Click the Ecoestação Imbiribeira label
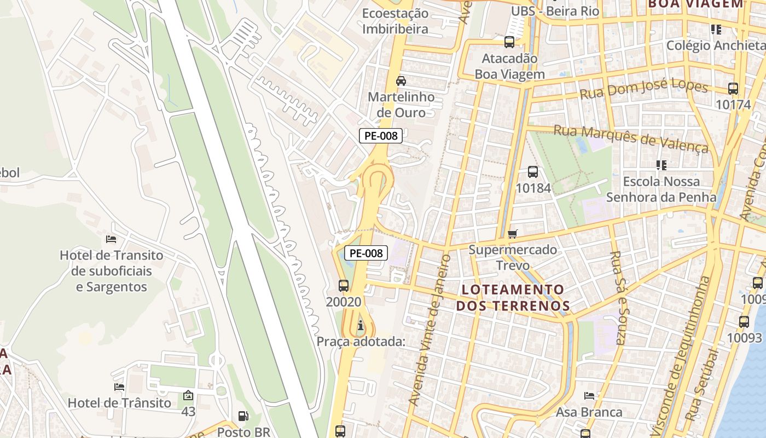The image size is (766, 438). coord(395,21)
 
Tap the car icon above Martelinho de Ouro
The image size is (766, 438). coord(401,81)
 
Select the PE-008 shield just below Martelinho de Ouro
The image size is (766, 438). coord(381,136)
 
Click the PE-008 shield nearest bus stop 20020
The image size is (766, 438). coord(366,253)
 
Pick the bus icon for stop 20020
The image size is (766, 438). coord(344,285)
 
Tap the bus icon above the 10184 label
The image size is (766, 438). coord(533,172)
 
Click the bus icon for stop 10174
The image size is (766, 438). coord(733,88)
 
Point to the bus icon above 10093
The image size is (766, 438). coord(744,322)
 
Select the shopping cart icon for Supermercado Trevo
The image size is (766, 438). coord(513,234)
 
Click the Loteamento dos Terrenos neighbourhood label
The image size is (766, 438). coord(513,297)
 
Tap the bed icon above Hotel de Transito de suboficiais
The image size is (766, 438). coord(111,239)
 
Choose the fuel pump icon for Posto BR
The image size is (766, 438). coord(243,417)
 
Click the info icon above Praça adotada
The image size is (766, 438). coord(360,326)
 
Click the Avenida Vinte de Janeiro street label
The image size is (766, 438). coord(429,331)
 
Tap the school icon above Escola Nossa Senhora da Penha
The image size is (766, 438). coord(661,165)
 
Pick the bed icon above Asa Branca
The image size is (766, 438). coord(589,395)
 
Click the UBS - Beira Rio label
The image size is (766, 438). coord(555,11)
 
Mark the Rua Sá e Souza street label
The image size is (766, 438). coord(618,298)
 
